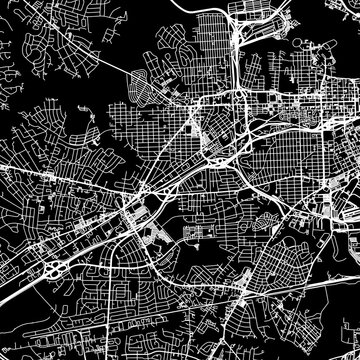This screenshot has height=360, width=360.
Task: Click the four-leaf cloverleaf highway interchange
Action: coord(53,269)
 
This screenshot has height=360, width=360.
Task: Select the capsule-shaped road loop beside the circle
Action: coord(151,237)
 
